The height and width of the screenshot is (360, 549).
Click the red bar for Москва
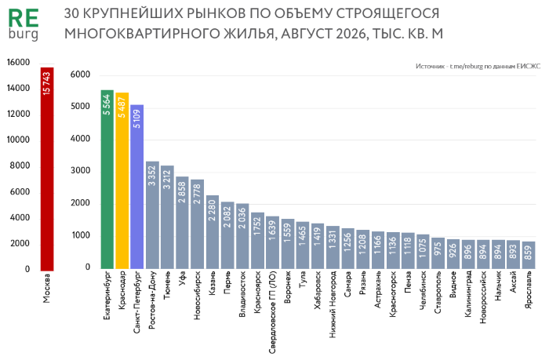[x=47, y=169]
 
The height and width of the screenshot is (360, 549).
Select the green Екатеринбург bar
[x=107, y=180]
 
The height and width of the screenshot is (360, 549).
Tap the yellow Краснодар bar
[x=122, y=180]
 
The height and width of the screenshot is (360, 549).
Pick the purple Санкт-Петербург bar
[x=137, y=187]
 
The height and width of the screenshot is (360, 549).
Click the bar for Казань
[x=213, y=232]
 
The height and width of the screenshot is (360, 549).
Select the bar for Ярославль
[x=529, y=255]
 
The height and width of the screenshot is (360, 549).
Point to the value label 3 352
[x=152, y=176]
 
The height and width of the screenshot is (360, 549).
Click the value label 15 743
[x=47, y=83]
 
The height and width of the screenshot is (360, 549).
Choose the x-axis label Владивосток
[x=242, y=294]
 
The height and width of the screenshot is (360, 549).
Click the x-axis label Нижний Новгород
[x=333, y=304]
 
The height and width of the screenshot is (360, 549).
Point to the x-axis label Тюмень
[x=167, y=285]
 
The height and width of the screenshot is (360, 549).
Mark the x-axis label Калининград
[x=468, y=294]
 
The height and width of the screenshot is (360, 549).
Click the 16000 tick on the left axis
[x=18, y=62]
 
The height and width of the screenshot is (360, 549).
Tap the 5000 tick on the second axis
[x=80, y=107]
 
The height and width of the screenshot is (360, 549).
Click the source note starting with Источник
[x=478, y=66]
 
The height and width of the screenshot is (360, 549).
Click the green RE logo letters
[x=23, y=19]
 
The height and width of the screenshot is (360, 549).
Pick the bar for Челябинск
[x=424, y=252]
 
